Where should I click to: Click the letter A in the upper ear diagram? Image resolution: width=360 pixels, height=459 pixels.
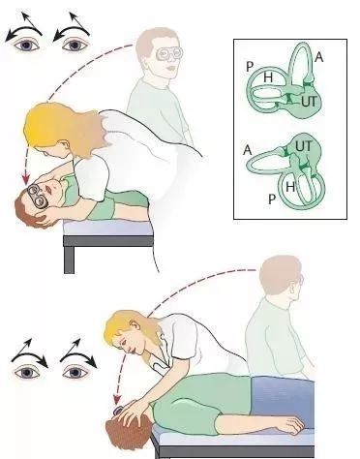(318, 57)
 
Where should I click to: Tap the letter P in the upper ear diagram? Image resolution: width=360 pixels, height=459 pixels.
(250, 67)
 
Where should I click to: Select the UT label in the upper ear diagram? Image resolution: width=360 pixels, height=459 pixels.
(310, 102)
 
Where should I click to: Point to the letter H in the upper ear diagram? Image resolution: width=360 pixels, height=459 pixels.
(268, 77)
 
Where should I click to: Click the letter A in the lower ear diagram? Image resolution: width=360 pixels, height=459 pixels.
(248, 150)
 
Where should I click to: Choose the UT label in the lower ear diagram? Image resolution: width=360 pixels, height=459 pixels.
(304, 146)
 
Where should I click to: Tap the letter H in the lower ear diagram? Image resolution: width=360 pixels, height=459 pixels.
(290, 187)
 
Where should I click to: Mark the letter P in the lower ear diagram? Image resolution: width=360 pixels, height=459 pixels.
(272, 199)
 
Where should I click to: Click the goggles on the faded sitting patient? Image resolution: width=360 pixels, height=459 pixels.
(167, 54)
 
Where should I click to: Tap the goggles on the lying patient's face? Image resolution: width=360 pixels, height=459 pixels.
(37, 196)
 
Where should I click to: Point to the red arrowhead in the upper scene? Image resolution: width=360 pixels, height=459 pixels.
(26, 179)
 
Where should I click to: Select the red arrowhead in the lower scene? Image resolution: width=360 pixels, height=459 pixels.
(116, 400)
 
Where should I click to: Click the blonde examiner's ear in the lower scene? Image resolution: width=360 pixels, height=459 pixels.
(135, 324)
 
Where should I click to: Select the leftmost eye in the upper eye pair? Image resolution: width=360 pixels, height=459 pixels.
(26, 45)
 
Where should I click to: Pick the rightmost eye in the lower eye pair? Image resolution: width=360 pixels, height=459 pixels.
(75, 373)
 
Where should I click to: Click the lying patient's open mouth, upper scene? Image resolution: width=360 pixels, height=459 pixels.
(49, 188)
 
